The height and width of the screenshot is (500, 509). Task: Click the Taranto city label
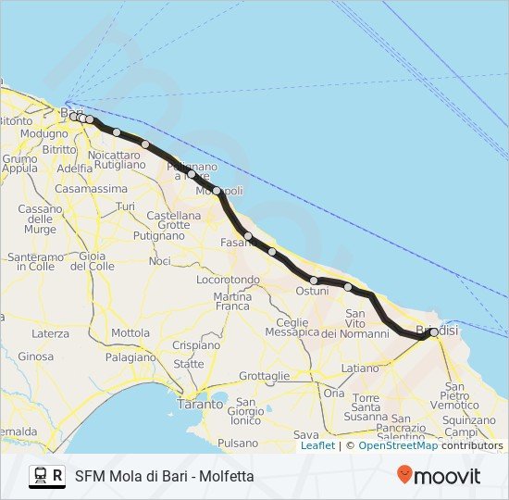coord(201,404)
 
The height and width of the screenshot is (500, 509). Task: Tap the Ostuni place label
coord(312,291)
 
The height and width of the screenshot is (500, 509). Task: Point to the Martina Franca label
coord(232,300)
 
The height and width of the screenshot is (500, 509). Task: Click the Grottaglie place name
coord(264,376)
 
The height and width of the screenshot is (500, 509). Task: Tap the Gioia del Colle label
coord(92,260)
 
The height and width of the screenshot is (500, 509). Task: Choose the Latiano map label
coord(360,368)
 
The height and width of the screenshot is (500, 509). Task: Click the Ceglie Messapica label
coord(292,327)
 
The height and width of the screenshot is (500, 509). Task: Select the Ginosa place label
coord(35,356)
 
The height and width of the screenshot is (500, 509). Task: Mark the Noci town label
coord(159,261)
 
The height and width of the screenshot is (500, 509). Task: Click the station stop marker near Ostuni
coord(314,280)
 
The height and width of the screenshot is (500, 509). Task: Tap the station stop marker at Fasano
coord(248,236)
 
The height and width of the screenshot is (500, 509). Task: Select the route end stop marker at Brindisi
coord(433,331)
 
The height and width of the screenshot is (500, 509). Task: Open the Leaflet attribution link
coord(317,445)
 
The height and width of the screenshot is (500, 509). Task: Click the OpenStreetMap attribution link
coord(398,445)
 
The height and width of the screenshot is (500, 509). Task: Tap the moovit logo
coord(440,476)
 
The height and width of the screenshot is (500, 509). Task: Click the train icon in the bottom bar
coord(40,476)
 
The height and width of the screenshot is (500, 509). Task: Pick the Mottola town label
coord(130,333)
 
